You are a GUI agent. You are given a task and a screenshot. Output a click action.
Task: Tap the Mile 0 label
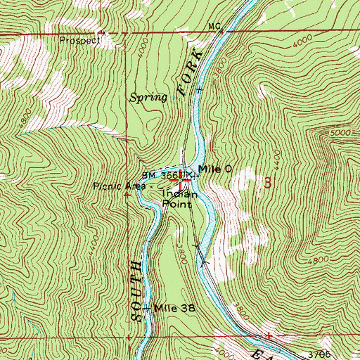tap(214, 169)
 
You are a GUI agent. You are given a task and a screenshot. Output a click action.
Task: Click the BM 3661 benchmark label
tap(160, 176)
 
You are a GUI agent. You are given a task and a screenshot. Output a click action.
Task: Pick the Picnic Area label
tap(117, 186)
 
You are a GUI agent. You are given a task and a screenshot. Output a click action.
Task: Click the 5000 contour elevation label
tap(339, 132)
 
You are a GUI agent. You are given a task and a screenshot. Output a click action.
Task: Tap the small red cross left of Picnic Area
tap(127, 195)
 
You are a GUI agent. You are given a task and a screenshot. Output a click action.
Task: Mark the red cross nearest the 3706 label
tap(269, 336)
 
